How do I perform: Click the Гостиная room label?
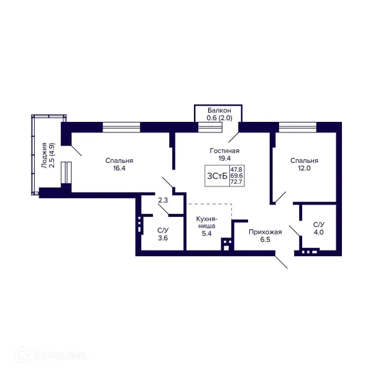pos(224,150)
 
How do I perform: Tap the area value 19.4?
pos(224,158)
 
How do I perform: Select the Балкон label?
pos(219,111)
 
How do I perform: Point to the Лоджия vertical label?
pos(44,155)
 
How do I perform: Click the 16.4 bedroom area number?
pos(119,168)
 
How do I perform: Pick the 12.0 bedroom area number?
pos(304,168)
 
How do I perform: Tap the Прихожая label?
pos(265,232)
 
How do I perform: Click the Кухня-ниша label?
pos(207,222)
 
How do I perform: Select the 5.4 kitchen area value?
pos(207,234)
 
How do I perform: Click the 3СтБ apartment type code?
pos(217,176)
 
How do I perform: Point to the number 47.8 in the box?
pos(236,169)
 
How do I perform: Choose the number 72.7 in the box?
pos(236,182)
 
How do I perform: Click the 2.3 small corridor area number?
pos(163,200)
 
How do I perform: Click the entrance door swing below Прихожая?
pos(282,262)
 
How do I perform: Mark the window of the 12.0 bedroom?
pos(298,127)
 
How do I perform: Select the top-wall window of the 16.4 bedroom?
pos(121,127)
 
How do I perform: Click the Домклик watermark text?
pos(60,356)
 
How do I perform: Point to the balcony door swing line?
pos(233,137)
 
